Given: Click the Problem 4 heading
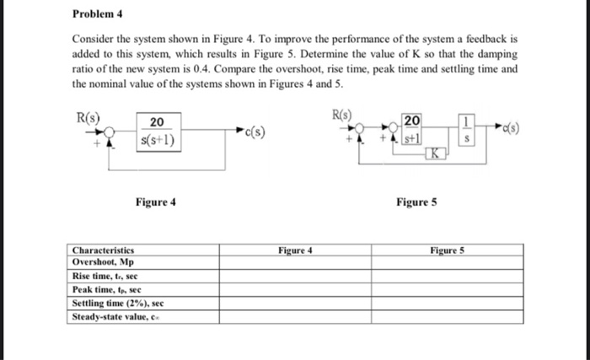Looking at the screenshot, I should click(97, 14).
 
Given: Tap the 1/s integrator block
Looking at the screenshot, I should click(471, 129).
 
